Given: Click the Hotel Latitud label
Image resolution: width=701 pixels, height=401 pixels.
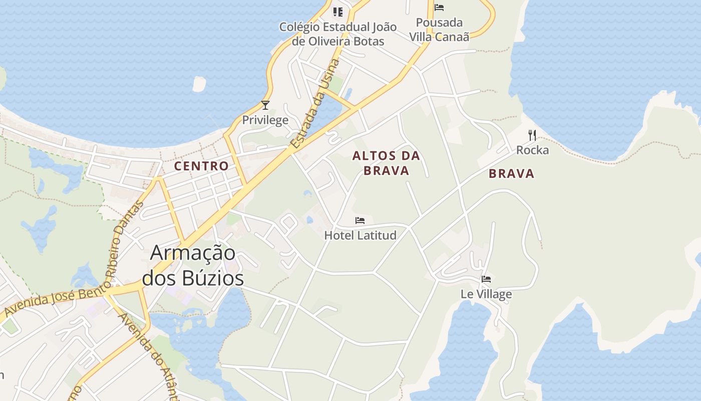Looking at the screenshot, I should [x=360, y=235].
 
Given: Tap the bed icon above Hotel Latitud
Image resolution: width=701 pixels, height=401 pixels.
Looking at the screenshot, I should [x=360, y=221].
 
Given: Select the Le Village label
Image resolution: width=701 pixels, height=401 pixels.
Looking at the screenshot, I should [x=486, y=294].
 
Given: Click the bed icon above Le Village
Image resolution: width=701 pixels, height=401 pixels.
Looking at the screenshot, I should [x=486, y=279].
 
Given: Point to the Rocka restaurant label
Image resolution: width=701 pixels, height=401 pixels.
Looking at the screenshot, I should [x=532, y=150].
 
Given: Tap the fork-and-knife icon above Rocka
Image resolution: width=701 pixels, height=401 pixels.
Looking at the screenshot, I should [x=532, y=135].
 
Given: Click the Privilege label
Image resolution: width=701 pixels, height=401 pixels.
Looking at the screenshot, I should [x=265, y=120].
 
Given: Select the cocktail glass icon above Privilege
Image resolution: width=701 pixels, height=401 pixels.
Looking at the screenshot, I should [x=265, y=105].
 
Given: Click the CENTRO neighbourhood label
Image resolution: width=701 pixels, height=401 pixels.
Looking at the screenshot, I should [x=201, y=166].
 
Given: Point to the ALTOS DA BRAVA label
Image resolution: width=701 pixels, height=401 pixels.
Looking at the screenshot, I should [x=386, y=163].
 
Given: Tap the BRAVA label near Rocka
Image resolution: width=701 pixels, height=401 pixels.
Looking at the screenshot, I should [x=511, y=174].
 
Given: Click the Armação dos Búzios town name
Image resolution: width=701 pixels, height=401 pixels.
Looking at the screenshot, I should [x=193, y=265].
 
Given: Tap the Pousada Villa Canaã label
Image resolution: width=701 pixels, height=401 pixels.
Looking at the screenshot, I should [x=440, y=30].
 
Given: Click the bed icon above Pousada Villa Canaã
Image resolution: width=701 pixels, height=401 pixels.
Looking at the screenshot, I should [x=439, y=8].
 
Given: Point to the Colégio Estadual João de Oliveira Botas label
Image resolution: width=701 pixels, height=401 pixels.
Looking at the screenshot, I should [x=338, y=34].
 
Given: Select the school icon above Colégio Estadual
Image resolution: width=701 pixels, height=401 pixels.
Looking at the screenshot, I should [x=338, y=12].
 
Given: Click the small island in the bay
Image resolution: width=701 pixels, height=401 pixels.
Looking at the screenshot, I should [x=199, y=84].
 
